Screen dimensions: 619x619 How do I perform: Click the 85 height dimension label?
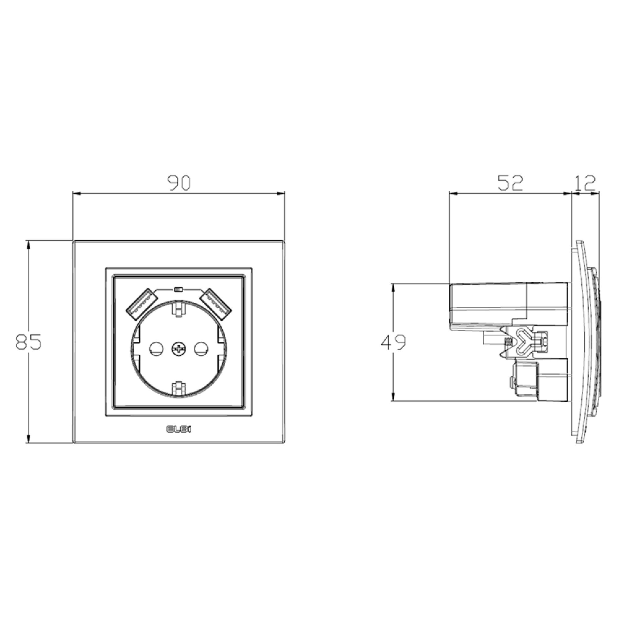click(x=28, y=342)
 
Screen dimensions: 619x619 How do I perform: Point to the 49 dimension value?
click(x=393, y=342)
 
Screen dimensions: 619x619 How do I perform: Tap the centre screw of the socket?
click(x=178, y=348)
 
